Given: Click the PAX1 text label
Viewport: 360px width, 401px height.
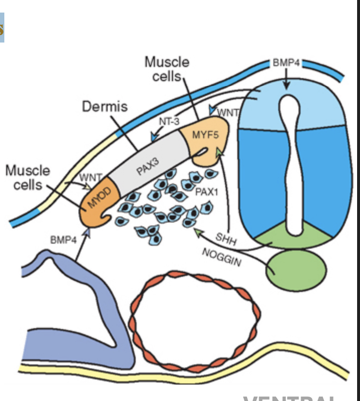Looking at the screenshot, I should [x=208, y=192].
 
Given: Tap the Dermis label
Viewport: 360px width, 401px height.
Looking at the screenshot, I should [x=105, y=106].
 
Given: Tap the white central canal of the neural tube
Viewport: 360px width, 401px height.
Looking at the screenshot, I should [x=292, y=164].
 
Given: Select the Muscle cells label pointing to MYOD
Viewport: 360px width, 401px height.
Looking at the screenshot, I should [x=28, y=177].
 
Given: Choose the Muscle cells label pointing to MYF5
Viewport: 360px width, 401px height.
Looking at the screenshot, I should [x=167, y=69].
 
